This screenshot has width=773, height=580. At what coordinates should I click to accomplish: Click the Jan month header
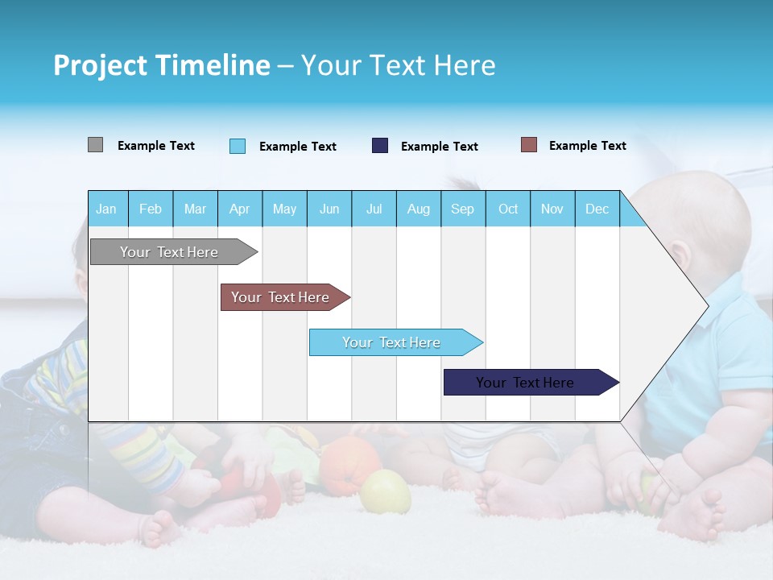[x=107, y=209]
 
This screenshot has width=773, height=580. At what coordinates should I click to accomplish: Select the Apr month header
[x=240, y=209]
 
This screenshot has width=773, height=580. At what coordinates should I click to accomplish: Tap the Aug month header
[x=419, y=209]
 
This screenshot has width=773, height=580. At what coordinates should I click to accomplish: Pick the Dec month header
[x=597, y=209]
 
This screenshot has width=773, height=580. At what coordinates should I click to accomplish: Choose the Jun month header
[x=329, y=209]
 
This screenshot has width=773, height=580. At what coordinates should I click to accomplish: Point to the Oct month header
[x=508, y=209]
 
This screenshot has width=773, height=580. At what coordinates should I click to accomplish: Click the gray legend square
[x=95, y=145]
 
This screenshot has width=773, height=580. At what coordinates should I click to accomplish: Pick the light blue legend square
[x=238, y=146]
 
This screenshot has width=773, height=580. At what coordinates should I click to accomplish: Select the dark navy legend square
[x=380, y=146]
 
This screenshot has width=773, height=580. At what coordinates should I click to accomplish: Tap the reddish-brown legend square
[x=529, y=145]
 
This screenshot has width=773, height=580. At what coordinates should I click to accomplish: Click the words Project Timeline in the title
[x=162, y=65]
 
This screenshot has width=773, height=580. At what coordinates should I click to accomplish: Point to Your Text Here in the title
[x=398, y=65]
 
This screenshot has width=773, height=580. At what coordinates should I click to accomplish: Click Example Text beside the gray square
[x=156, y=146]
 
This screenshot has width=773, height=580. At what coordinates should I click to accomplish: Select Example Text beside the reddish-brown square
[x=588, y=146]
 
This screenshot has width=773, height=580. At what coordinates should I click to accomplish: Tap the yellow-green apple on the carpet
[x=384, y=491]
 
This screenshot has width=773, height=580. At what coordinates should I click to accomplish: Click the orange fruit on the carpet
[x=348, y=466]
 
